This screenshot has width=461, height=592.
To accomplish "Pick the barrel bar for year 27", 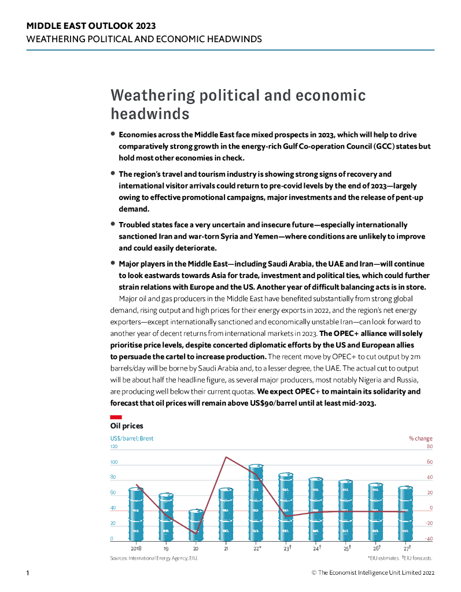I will pos(405,512).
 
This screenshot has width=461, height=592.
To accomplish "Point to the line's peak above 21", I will pos(226,457).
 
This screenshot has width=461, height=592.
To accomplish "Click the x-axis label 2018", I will pos(136,547).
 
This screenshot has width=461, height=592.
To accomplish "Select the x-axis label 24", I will pos(316,547).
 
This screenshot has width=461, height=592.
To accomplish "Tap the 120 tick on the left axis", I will pos(114,447).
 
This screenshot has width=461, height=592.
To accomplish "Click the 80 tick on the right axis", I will pos(429,447).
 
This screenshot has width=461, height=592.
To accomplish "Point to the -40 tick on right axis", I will pos(429,539).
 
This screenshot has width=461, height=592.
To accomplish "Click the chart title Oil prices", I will pos(127,426).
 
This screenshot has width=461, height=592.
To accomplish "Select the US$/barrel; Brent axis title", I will pos(132,438).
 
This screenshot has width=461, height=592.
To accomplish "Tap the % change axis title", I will pos(421,438).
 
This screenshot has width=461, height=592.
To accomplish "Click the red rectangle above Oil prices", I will pos(116,417).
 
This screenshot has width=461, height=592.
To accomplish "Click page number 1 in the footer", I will pos(28,572).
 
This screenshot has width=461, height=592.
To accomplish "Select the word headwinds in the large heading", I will pos(150,112).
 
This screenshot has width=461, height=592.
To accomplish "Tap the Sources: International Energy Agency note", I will pos(157,558).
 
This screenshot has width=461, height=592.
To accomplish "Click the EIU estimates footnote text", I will pos(383,558).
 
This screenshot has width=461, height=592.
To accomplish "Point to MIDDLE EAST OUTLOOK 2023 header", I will pos(91,26).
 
